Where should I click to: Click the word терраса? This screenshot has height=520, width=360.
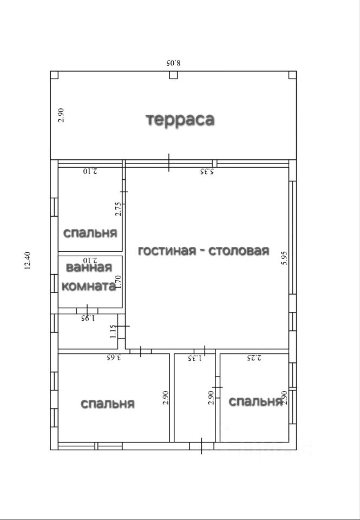[x=180, y=119]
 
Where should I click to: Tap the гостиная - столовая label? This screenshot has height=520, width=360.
[x=203, y=251]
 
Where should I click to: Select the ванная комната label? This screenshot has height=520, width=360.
[x=89, y=277]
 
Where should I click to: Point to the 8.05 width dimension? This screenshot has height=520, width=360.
[x=173, y=62]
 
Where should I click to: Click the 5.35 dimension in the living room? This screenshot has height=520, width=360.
[x=207, y=172]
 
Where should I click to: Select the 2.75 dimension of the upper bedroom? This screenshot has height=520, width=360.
[x=119, y=209]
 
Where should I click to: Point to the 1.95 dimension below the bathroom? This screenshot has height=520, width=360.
[x=88, y=318]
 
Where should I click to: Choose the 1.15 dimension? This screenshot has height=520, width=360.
[x=113, y=331]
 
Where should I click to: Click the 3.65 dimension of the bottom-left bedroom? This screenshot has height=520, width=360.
[x=113, y=357]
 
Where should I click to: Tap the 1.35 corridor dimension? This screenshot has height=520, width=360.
[x=195, y=358]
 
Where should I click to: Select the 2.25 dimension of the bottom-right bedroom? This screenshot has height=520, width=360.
[x=254, y=357]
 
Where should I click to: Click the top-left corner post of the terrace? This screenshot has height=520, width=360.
[x=54, y=75]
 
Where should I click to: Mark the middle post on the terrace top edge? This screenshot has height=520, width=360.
[x=173, y=75]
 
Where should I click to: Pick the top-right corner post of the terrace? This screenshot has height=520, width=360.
[x=292, y=75]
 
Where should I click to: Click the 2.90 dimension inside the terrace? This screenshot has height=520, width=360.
[x=61, y=115]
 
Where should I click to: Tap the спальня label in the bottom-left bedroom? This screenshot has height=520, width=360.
[x=108, y=404]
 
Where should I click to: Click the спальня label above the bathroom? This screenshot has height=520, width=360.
[x=90, y=233]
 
